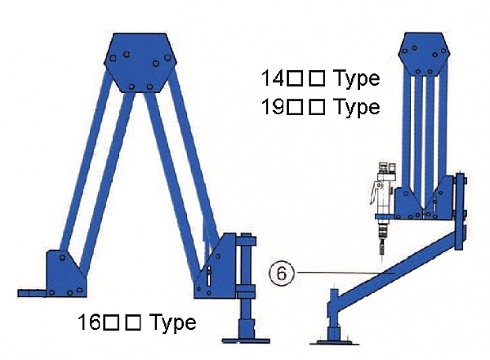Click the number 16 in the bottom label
[89, 322]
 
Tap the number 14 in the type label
[273, 78]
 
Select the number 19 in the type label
[273, 107]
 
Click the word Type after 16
[173, 323]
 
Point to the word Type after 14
[357, 79]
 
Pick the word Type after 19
[357, 108]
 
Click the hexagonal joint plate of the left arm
[140, 63]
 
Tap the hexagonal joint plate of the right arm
[424, 53]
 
